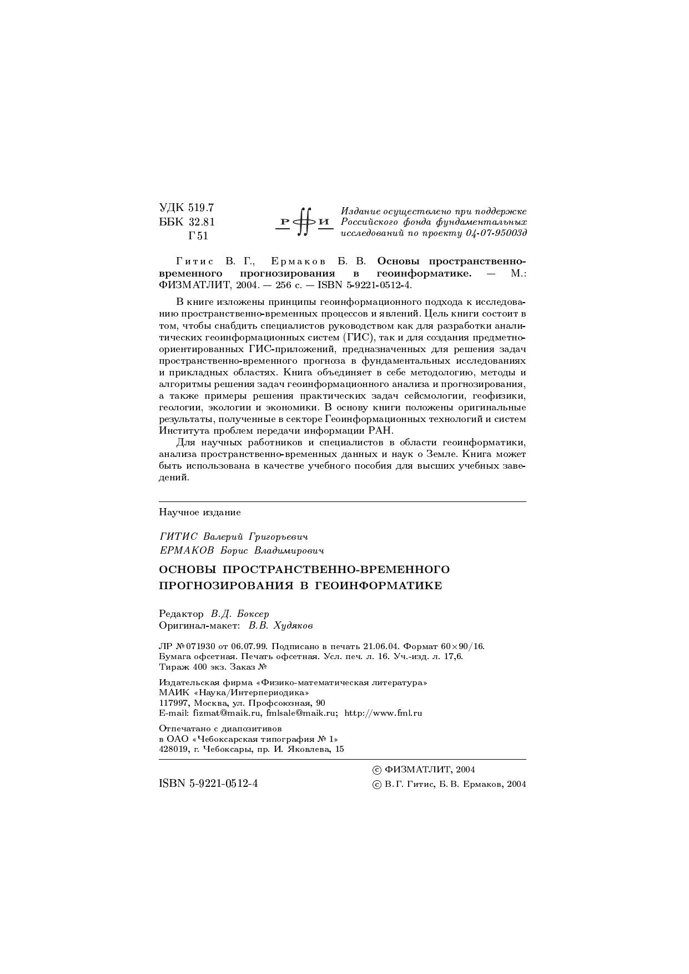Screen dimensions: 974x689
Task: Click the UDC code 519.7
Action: (x=201, y=208)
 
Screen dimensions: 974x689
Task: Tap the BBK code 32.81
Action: (x=202, y=222)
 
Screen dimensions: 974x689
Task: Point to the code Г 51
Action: (x=198, y=236)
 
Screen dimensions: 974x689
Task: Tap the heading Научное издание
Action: (x=200, y=512)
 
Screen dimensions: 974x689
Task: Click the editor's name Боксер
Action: (x=253, y=614)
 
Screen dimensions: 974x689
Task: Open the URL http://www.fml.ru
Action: (x=383, y=713)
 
